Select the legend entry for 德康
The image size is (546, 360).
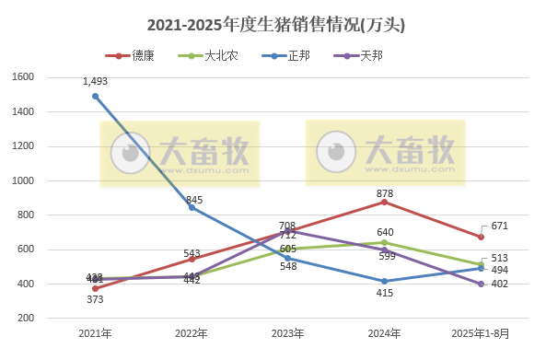134,56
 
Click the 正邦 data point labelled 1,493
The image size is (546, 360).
95,96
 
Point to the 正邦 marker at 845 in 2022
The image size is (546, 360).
192,207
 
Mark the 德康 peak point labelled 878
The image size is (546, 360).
384,202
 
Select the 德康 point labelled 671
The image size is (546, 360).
481,237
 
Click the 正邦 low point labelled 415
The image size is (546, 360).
384,281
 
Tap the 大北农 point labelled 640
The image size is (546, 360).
384,242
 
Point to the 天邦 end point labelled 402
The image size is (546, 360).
481,284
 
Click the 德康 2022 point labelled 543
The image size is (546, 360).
192,259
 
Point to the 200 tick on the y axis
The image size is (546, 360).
24,319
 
